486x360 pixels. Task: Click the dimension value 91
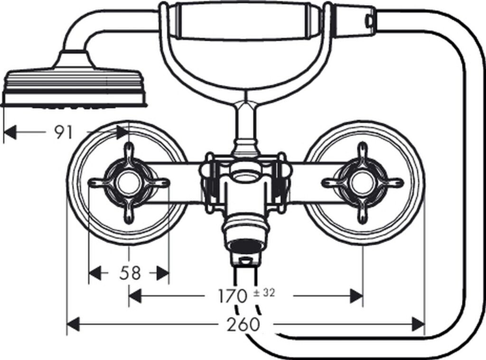[x=63, y=133]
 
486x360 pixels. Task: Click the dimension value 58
[x=130, y=273]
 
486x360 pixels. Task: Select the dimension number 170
[x=233, y=296]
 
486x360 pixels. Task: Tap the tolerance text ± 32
[x=264, y=293]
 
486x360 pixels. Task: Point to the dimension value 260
[x=243, y=324]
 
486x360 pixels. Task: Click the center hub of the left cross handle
[x=128, y=183]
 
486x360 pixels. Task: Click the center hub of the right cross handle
[x=363, y=183]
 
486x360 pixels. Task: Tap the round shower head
[x=74, y=88]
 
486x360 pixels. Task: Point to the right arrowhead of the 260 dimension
[x=418, y=324]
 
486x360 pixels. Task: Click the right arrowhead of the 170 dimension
[x=356, y=296]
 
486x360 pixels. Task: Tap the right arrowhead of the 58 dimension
[x=163, y=273]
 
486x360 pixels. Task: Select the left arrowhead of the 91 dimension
[x=10, y=133]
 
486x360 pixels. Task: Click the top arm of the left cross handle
[x=128, y=153]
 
